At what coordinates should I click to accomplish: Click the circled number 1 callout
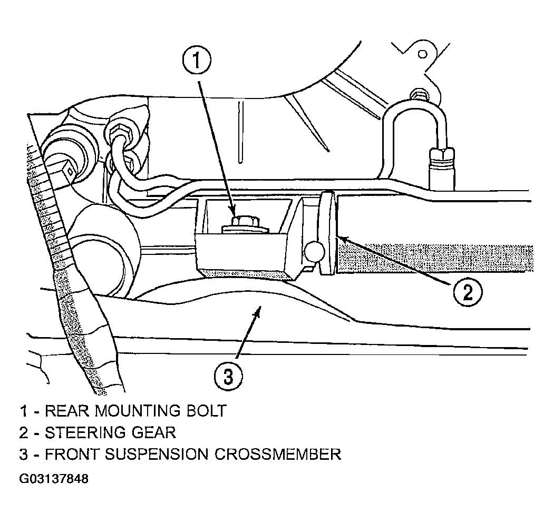point(197,61)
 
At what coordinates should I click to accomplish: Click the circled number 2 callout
point(468,292)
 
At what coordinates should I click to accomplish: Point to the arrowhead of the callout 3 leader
point(258,310)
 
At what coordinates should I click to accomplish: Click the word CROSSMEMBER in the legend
point(278,455)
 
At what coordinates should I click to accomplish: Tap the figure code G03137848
point(54,479)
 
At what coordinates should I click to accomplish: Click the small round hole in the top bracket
point(422,54)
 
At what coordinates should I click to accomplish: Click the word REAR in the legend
point(67,411)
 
